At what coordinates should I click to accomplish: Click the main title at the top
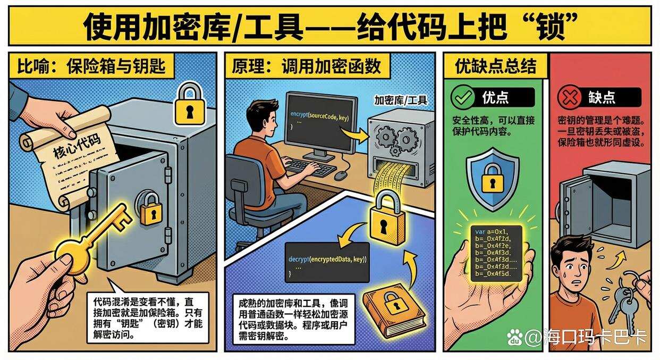tap(329, 26)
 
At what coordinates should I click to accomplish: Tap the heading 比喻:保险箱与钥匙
tap(91, 66)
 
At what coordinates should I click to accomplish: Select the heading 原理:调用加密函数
tap(307, 66)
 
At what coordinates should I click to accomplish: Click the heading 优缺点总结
tap(495, 66)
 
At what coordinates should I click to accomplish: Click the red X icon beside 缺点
tap(568, 97)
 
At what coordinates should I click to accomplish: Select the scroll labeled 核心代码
tap(69, 154)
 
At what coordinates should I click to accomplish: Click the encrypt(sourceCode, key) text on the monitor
tap(319, 116)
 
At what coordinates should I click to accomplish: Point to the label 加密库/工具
tap(401, 100)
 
